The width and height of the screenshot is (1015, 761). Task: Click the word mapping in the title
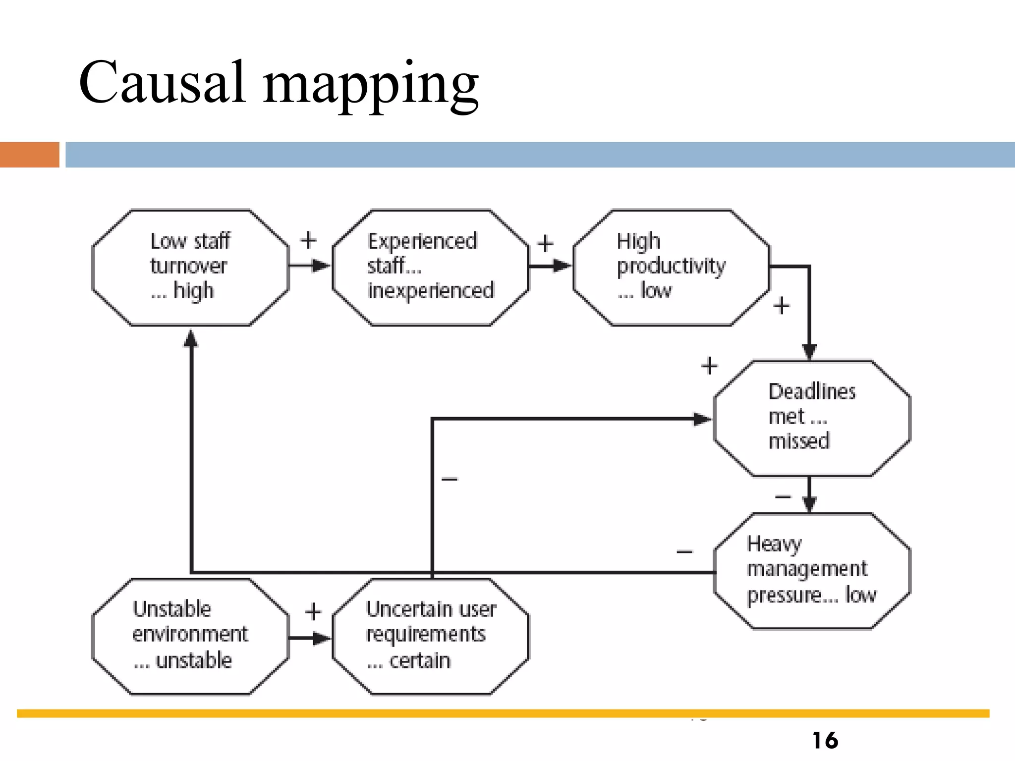tap(371, 85)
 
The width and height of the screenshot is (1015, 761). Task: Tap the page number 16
tap(825, 741)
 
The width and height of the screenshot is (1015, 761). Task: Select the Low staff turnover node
tap(190, 268)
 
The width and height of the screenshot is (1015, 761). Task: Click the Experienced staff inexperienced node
tap(430, 268)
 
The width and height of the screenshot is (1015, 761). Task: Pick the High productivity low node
tap(671, 268)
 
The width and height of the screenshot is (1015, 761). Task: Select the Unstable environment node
tap(190, 636)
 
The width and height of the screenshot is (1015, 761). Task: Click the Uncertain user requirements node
tap(430, 636)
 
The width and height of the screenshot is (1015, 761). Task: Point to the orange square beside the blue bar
tap(29, 155)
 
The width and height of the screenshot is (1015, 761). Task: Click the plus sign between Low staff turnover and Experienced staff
tap(308, 240)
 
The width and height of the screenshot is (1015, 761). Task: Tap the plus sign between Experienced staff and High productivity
tap(545, 244)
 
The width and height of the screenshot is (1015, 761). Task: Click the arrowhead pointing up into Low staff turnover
tap(191, 339)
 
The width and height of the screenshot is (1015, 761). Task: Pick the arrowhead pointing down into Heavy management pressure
tap(809, 504)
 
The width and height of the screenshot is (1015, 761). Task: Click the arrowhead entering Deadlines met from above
tap(809, 352)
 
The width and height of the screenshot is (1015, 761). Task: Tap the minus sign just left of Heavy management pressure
tap(684, 551)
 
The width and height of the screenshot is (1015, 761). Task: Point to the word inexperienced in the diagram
tap(431, 291)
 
